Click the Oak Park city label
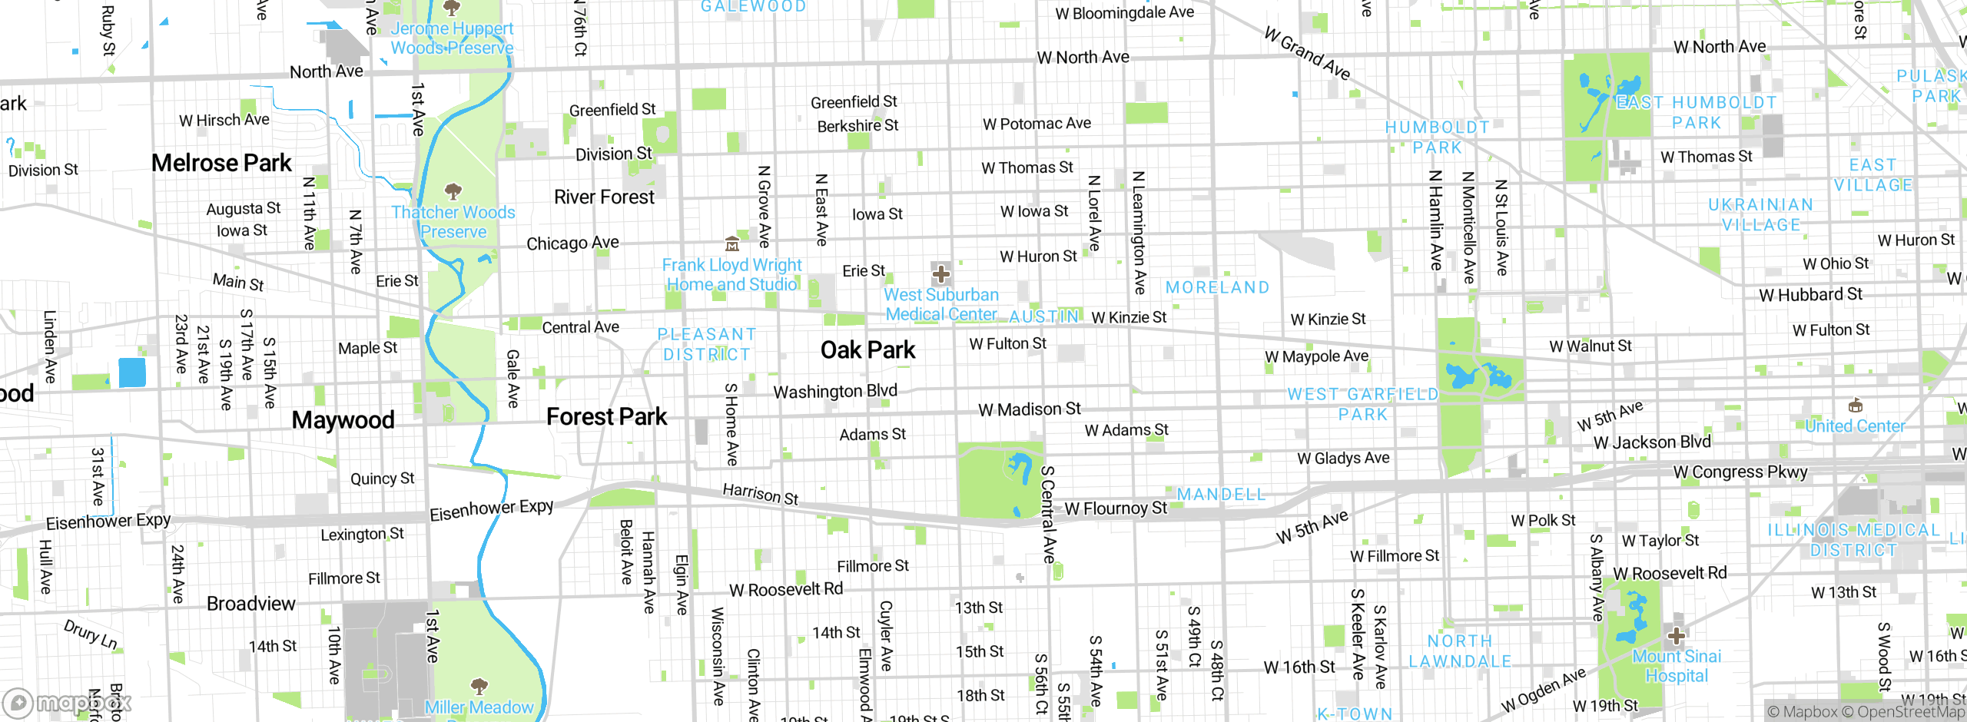pyautogui.click(x=867, y=350)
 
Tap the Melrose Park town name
pyautogui.click(x=221, y=163)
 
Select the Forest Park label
pyautogui.click(x=606, y=417)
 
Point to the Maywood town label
pyautogui.click(x=343, y=420)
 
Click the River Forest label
pyautogui.click(x=604, y=197)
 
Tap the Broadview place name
pyautogui.click(x=250, y=604)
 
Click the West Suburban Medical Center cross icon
pyautogui.click(x=940, y=274)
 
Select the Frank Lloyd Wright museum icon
pyautogui.click(x=732, y=244)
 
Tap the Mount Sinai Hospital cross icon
pyautogui.click(x=1677, y=636)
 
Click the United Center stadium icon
pyautogui.click(x=1855, y=406)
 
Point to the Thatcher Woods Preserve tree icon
pyautogui.click(x=453, y=190)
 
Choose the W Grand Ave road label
pyautogui.click(x=1307, y=53)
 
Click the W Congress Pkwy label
pyautogui.click(x=1740, y=472)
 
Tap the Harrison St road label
pyautogui.click(x=760, y=494)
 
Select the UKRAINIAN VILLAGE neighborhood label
pyautogui.click(x=1760, y=215)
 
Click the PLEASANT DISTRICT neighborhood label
pyautogui.click(x=706, y=345)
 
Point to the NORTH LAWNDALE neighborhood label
pyautogui.click(x=1459, y=651)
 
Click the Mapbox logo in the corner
pyautogui.click(x=68, y=703)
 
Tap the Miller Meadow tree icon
pyautogui.click(x=479, y=685)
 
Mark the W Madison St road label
pyautogui.click(x=1029, y=409)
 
